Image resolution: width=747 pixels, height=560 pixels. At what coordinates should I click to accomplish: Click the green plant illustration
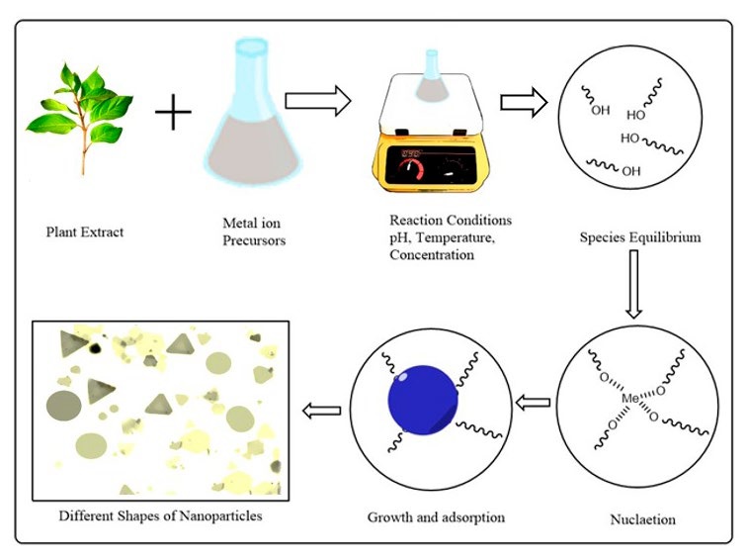click(x=78, y=113)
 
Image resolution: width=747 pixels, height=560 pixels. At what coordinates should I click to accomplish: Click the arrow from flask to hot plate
click(x=318, y=99)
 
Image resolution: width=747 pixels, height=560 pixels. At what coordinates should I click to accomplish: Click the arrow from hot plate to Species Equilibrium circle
click(x=524, y=102)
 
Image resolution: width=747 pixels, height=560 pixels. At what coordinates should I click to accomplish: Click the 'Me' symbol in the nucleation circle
click(x=630, y=398)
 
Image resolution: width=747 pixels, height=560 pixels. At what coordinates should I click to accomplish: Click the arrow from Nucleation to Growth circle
click(x=533, y=402)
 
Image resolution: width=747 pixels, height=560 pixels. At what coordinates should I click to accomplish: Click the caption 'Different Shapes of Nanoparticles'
click(x=160, y=515)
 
